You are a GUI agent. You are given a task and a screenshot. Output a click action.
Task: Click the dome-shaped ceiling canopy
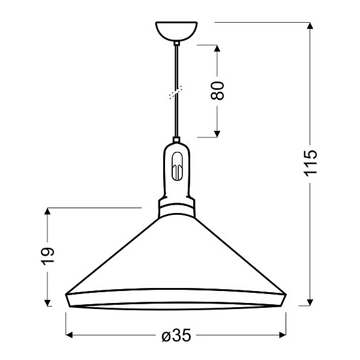[176, 31]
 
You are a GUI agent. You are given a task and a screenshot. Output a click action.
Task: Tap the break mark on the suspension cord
[176, 94]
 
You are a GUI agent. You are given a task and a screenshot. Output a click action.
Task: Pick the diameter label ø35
[176, 335]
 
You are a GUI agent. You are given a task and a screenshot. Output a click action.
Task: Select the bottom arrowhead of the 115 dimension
[310, 301]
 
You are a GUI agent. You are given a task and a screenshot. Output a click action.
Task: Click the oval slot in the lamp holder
[176, 166]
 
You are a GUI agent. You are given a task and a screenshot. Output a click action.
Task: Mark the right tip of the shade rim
[289, 295]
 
